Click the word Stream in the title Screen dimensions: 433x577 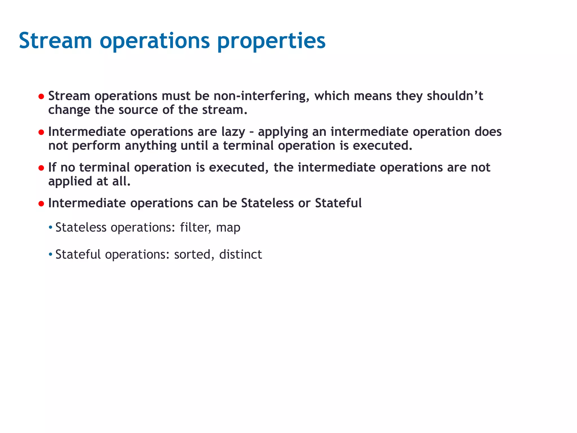(55, 41)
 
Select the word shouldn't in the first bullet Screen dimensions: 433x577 (455, 96)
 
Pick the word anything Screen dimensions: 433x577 (150, 146)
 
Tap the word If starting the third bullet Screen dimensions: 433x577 (52, 167)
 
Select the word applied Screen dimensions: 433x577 (70, 181)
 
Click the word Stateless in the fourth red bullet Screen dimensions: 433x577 (267, 203)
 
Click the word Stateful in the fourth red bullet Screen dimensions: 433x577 (338, 203)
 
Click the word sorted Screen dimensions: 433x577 (192, 255)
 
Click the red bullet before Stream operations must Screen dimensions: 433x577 (41, 97)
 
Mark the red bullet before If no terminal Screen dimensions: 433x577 (41, 168)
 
